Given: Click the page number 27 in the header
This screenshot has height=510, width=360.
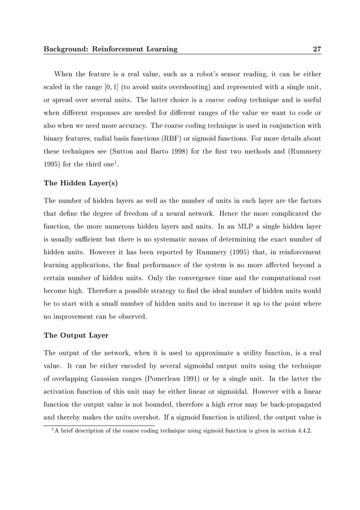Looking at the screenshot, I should tap(317, 49).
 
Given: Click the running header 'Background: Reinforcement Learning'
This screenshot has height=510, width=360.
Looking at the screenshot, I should tap(110, 49).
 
